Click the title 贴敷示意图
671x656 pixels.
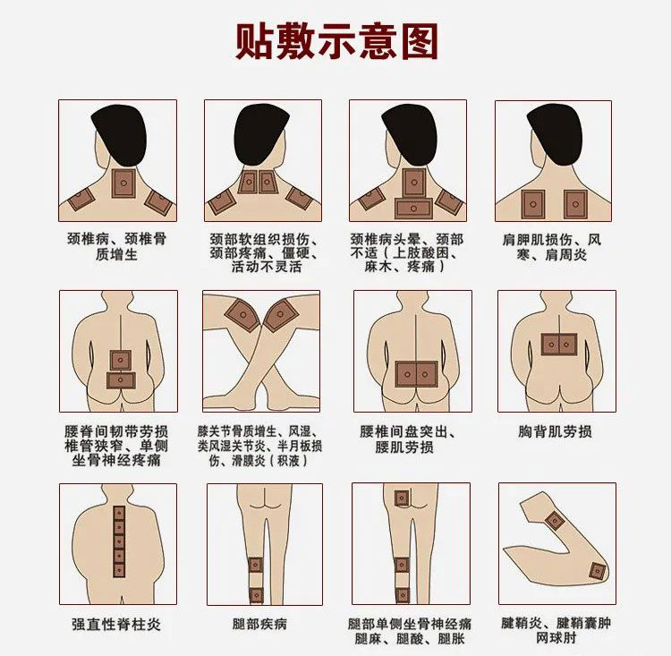coord(336,41)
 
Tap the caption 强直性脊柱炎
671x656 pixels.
coord(116,625)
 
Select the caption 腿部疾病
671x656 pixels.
coord(259,624)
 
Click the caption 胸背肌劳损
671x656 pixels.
coord(555,431)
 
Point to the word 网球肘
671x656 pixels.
coord(556,637)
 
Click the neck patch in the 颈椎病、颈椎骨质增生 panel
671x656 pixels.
coord(123,183)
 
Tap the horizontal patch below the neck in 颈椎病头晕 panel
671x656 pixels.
coord(413,209)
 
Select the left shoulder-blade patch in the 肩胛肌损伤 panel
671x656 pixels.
coord(533,204)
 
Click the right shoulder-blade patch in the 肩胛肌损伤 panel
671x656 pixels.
coord(575,204)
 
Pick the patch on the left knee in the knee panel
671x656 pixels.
coord(242,315)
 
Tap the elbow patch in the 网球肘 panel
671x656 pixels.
coord(597,571)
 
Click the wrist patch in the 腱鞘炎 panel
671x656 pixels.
coord(555,521)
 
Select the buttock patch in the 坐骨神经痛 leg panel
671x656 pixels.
coord(402,498)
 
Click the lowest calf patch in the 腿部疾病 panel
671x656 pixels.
coord(256,595)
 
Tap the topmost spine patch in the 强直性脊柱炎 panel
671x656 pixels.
coord(119,513)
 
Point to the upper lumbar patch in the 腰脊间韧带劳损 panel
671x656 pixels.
coord(120,360)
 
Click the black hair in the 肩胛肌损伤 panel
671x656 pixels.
coord(555,135)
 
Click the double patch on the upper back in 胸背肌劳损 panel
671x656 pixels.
coord(559,345)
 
